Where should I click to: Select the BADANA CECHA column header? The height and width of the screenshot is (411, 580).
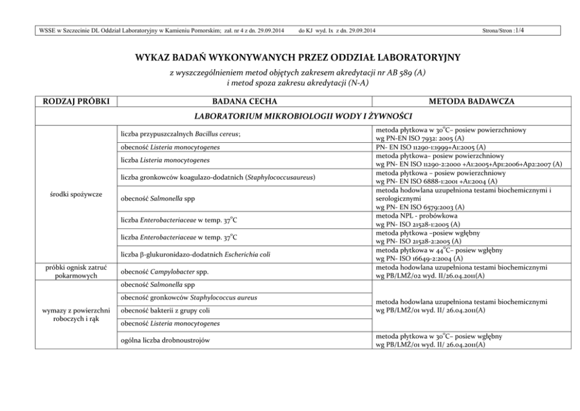(x=244, y=102)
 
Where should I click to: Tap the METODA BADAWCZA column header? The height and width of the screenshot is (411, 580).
(x=471, y=102)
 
